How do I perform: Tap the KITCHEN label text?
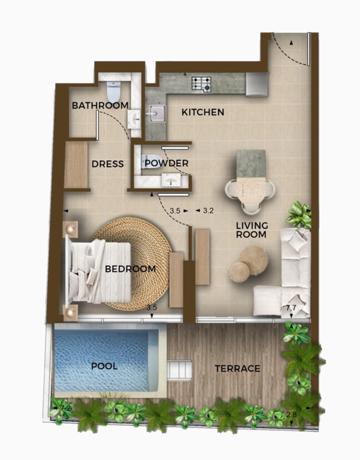pyautogui.click(x=202, y=112)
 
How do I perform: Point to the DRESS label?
pyautogui.click(x=107, y=164)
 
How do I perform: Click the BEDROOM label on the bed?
pyautogui.click(x=130, y=269)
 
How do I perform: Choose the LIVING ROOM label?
pyautogui.click(x=252, y=230)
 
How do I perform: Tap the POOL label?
pyautogui.click(x=104, y=366)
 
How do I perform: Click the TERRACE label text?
pyautogui.click(x=237, y=369)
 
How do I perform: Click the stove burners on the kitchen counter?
pyautogui.click(x=202, y=84)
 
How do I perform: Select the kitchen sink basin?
pyautogui.click(x=156, y=114)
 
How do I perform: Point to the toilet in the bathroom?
pyautogui.click(x=114, y=91)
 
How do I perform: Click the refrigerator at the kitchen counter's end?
pyautogui.click(x=257, y=84)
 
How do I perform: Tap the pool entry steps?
pyautogui.click(x=179, y=370)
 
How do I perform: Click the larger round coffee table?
pyautogui.click(x=254, y=260)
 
